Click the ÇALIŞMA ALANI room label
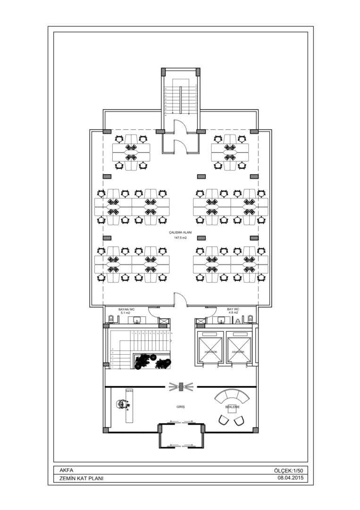point(180,233)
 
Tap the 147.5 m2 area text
point(180,238)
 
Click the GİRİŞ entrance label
point(181,407)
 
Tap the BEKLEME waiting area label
point(232,407)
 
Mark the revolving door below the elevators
point(181,386)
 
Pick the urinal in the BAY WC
point(237,321)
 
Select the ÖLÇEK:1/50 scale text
point(288,470)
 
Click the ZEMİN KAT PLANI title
point(82,478)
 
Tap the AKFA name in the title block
point(67,470)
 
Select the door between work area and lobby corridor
point(180,299)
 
